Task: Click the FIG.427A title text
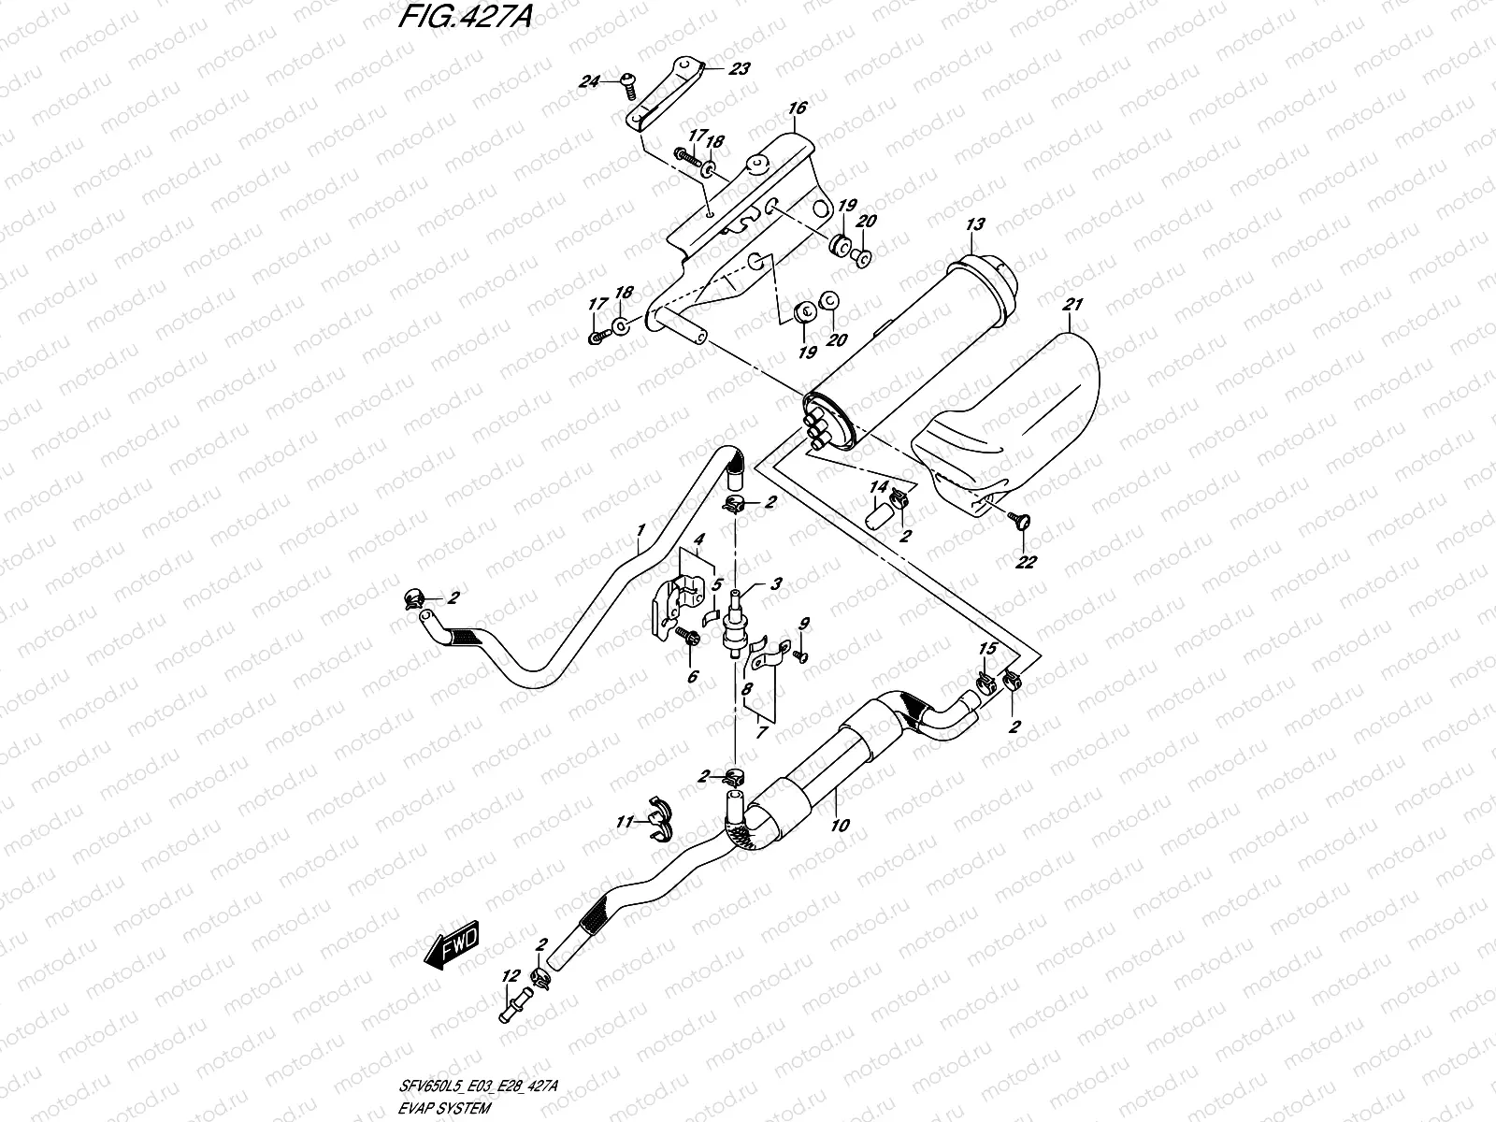pyautogui.click(x=466, y=17)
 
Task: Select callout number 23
pyautogui.click(x=739, y=69)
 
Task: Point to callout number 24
pyautogui.click(x=589, y=81)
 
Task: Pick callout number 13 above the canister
pyautogui.click(x=975, y=224)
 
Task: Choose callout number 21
pyautogui.click(x=1072, y=305)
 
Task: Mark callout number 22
pyautogui.click(x=1026, y=562)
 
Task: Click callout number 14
pyautogui.click(x=879, y=487)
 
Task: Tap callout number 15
pyautogui.click(x=987, y=649)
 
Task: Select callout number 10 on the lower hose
pyautogui.click(x=840, y=826)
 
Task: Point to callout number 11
pyautogui.click(x=625, y=822)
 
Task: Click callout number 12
pyautogui.click(x=511, y=976)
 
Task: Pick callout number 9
pyautogui.click(x=804, y=624)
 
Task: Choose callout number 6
pyautogui.click(x=693, y=676)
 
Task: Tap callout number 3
pyautogui.click(x=776, y=583)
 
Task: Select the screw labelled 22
pyautogui.click(x=1022, y=522)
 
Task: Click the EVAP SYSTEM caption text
pyautogui.click(x=445, y=1108)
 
